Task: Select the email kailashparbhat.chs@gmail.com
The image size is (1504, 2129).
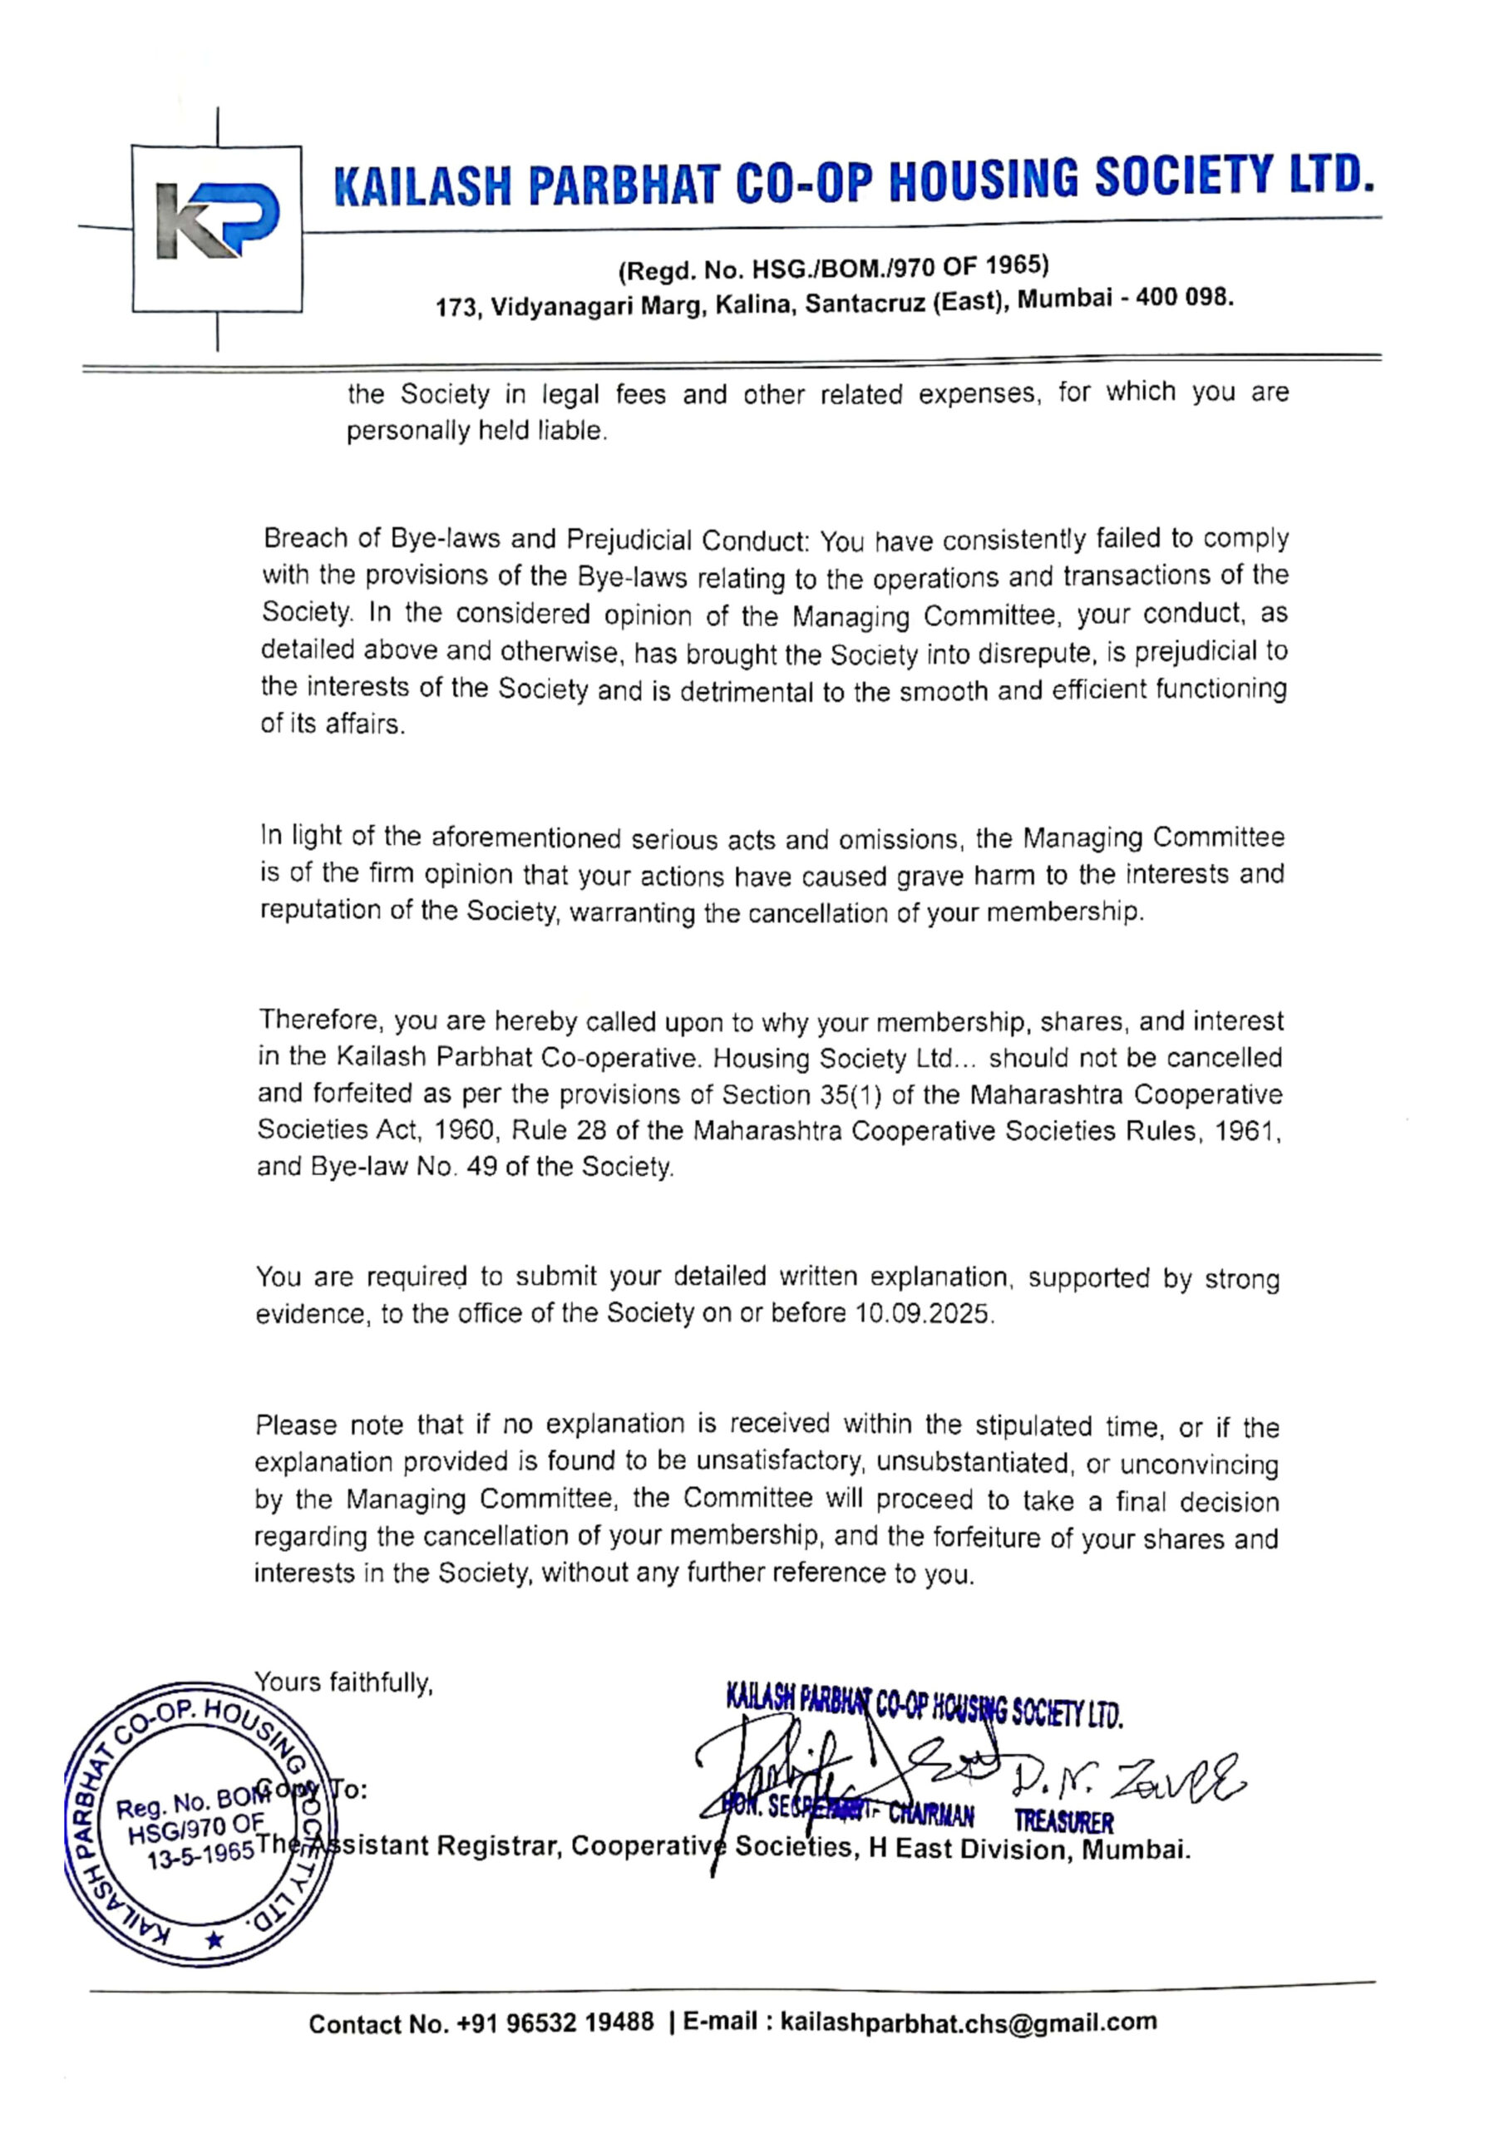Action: [x=968, y=2023]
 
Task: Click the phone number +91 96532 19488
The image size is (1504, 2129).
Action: [x=555, y=2023]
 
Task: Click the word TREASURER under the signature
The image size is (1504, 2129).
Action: [x=1063, y=1822]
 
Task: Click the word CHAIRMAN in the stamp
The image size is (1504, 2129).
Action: [x=931, y=1815]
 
